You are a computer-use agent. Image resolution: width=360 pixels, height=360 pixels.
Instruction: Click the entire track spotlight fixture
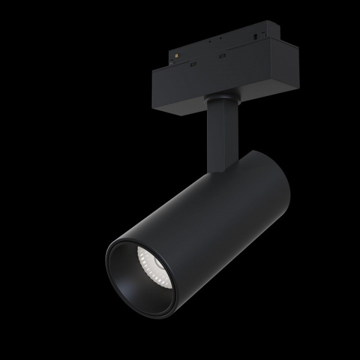tap(204, 180)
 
